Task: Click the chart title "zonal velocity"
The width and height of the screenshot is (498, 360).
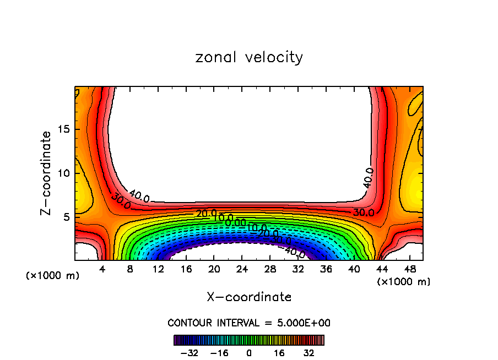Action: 249,57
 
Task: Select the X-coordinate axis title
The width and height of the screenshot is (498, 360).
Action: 249,297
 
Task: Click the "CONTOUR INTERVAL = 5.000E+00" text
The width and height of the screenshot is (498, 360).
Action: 249,323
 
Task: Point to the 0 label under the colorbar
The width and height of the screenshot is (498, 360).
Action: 249,353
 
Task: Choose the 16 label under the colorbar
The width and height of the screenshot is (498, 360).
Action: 279,353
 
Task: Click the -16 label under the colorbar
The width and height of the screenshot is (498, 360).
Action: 219,353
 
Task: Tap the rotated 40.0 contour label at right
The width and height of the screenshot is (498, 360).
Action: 368,178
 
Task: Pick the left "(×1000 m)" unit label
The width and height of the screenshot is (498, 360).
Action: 53,276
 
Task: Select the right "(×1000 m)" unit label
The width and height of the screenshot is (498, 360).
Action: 404,282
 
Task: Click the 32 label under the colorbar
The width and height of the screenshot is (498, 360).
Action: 309,353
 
